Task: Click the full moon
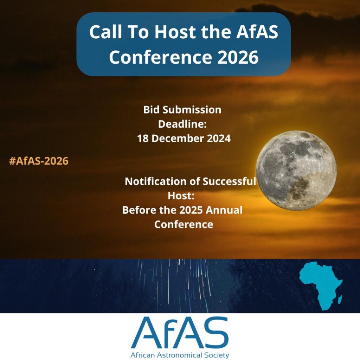296,171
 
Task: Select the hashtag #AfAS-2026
39,161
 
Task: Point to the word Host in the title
175,32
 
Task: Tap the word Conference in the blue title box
160,57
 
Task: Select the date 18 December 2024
184,139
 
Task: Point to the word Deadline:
182,124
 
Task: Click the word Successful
229,181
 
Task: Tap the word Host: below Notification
181,196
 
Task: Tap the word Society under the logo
217,355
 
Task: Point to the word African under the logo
143,355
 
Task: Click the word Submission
192,110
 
